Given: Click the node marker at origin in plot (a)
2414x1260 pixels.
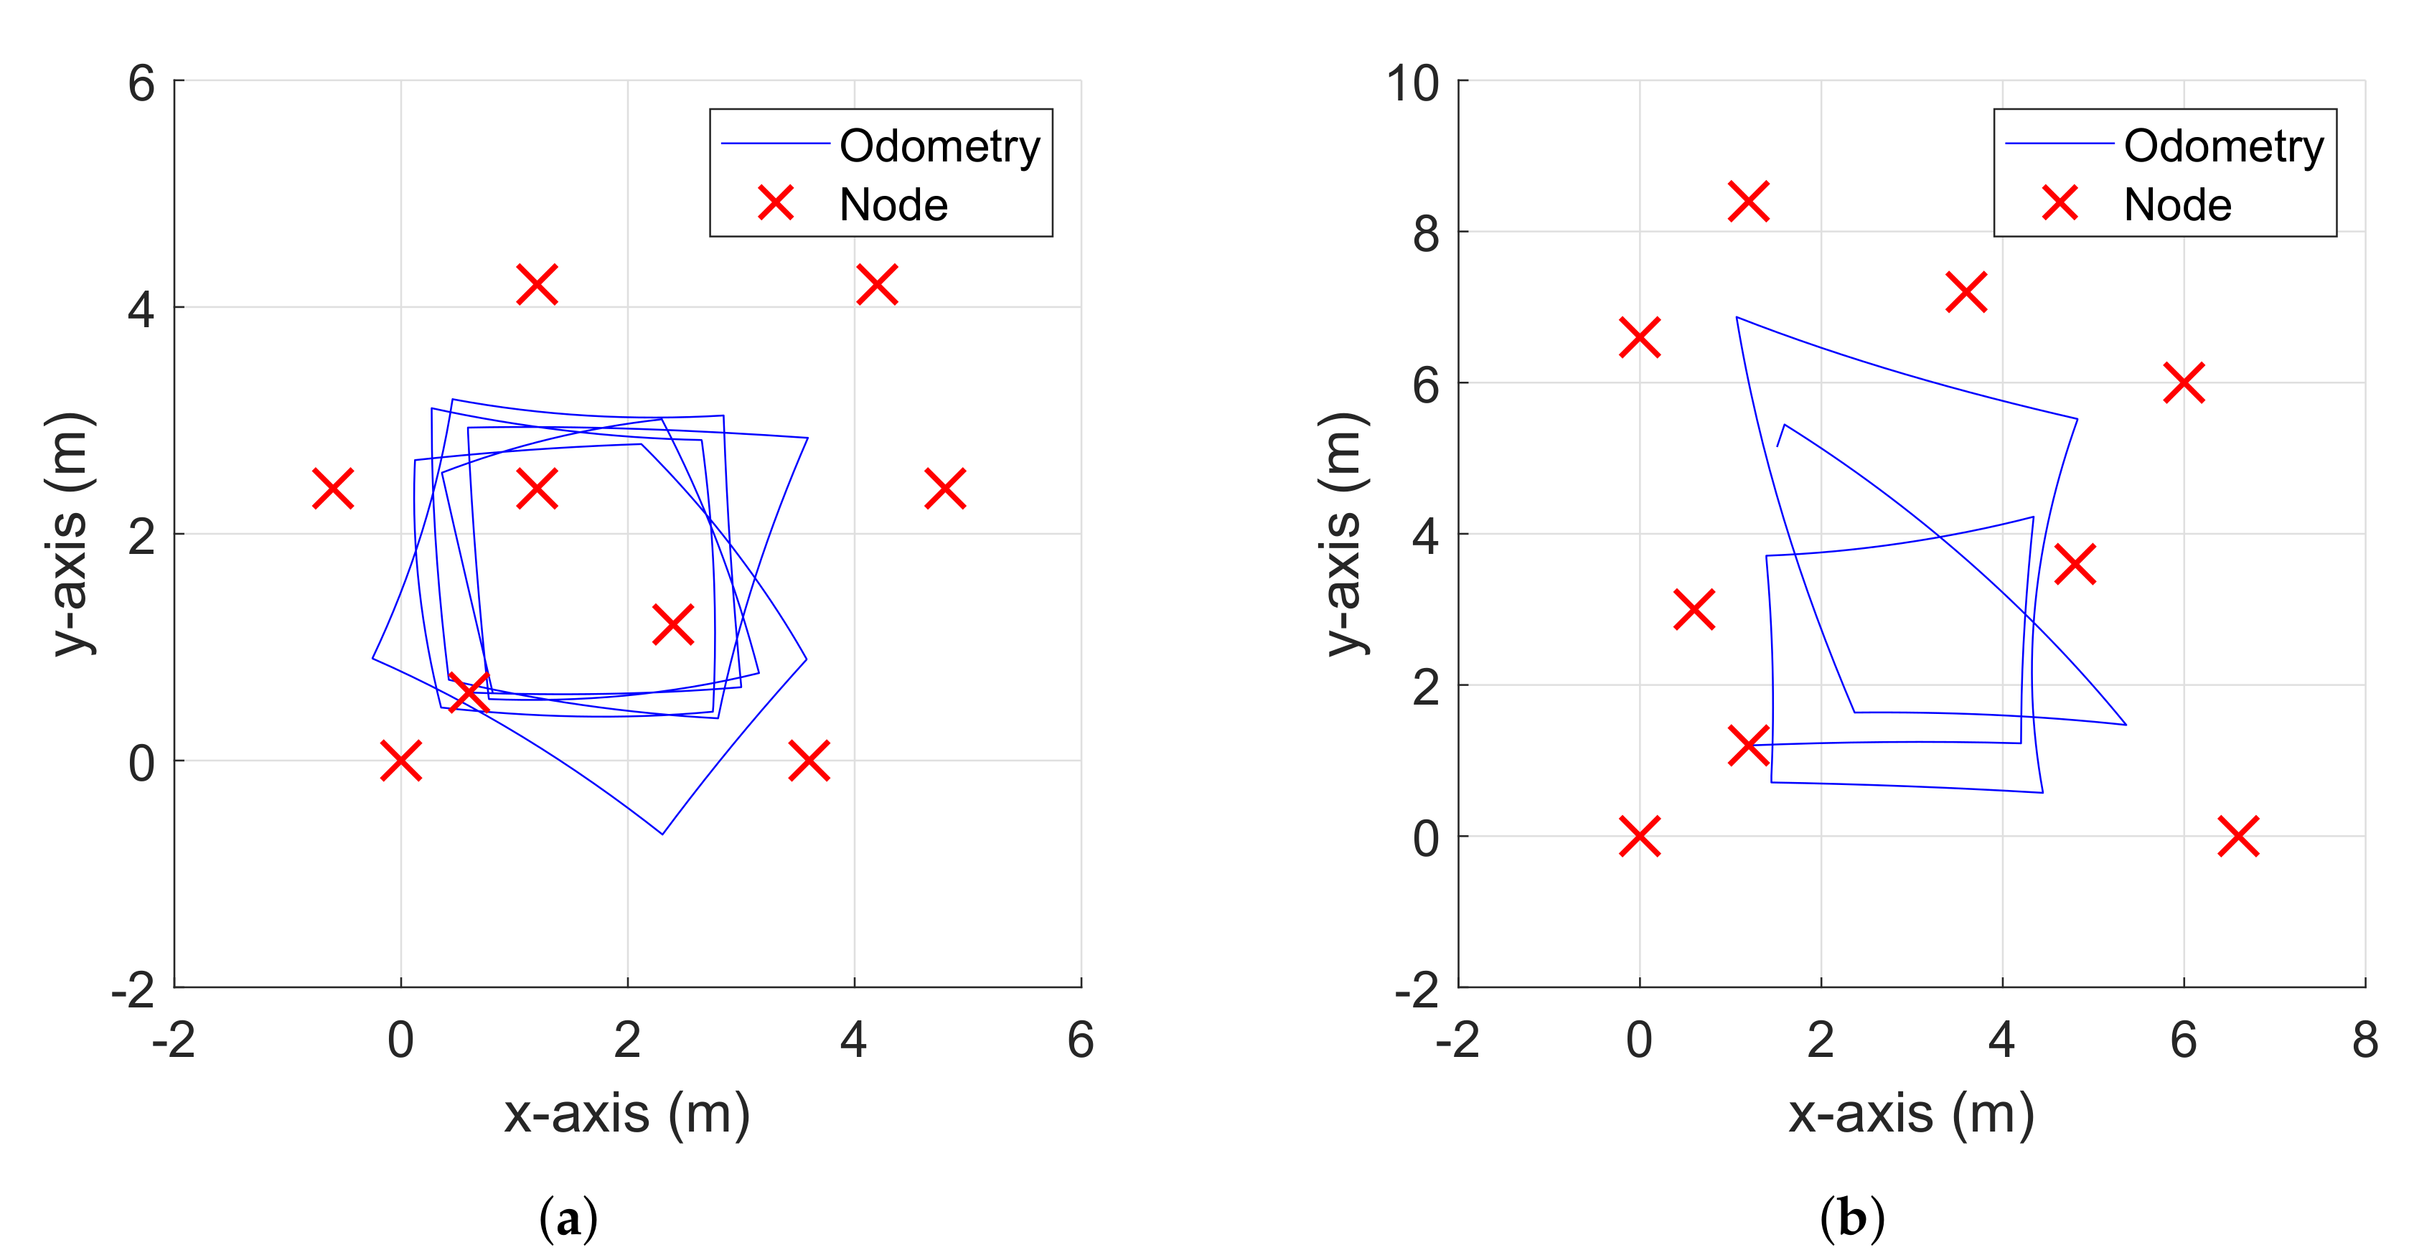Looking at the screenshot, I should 401,760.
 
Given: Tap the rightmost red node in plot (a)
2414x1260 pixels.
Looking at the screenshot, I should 944,488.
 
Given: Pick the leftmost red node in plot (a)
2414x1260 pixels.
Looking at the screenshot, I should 333,488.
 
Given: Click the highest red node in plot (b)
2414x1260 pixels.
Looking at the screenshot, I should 1748,202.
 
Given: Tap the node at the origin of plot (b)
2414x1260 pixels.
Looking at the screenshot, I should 1639,836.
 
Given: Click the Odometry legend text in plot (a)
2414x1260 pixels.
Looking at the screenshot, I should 939,146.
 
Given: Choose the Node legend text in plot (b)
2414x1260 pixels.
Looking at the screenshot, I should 2177,205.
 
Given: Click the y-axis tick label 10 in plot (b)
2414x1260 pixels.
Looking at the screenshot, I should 1412,85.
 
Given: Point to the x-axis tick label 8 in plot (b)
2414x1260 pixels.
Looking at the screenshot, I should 2364,1040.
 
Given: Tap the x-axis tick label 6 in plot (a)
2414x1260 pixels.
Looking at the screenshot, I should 1081,1040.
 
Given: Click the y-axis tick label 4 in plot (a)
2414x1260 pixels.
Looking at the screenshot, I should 141,309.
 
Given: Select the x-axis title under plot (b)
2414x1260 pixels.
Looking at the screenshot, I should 1911,1115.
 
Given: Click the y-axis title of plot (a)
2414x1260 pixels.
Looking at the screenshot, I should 70,533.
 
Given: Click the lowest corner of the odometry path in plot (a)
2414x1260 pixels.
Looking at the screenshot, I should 662,833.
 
